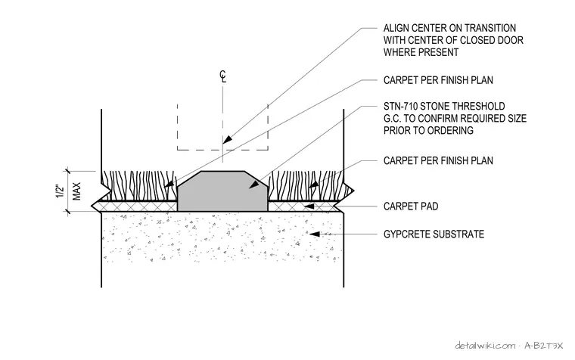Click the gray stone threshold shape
click(222, 192)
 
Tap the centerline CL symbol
click(223, 76)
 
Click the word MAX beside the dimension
click(76, 191)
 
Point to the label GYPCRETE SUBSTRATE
click(434, 234)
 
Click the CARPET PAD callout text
click(411, 206)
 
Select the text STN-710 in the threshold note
click(400, 107)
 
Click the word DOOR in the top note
click(510, 40)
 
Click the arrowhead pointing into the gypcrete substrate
click(315, 234)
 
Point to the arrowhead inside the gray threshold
click(253, 185)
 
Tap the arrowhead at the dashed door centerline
click(228, 140)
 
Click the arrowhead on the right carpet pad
click(309, 206)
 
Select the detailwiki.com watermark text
click(485, 346)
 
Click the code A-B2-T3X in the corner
click(543, 346)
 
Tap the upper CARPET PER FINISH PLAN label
click(438, 80)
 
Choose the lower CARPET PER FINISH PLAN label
click(438, 160)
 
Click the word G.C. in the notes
click(392, 119)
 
